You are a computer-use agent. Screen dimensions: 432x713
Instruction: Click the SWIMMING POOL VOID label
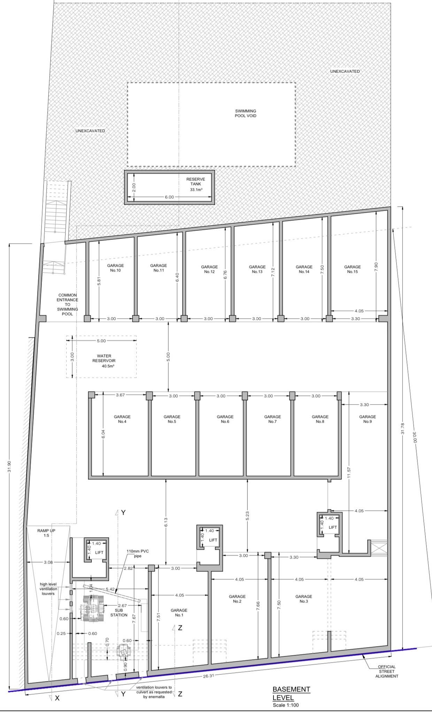point(245,113)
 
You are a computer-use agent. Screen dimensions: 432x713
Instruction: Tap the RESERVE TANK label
point(195,182)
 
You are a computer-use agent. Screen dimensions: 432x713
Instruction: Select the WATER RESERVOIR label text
point(104,358)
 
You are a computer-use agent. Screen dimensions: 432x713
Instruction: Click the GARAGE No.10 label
point(115,268)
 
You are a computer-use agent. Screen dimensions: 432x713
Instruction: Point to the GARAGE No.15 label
point(352,269)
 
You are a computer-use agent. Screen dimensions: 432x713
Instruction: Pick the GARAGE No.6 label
point(225,419)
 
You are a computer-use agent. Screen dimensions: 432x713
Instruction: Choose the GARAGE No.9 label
point(368,419)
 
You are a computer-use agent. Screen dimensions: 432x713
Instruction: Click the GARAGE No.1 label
point(179,613)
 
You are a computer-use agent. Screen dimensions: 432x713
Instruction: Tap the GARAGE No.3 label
point(303,599)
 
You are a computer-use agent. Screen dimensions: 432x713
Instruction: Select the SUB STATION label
point(119,613)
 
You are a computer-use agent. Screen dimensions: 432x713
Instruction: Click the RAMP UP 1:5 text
point(46,533)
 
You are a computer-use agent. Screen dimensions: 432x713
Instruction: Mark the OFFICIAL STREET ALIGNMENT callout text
point(387,671)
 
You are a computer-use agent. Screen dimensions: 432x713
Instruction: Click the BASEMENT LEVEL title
point(291,693)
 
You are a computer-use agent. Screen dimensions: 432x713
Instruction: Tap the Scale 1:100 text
point(286,705)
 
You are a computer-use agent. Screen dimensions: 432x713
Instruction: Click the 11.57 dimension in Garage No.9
point(349,473)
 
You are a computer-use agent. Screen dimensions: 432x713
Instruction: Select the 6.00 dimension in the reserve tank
point(169,197)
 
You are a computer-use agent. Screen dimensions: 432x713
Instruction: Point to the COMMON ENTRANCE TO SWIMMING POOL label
point(68,304)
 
